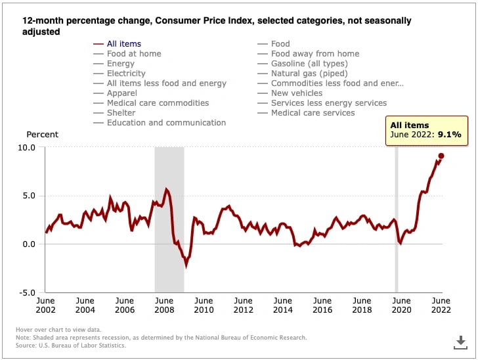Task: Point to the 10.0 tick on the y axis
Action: [x=26, y=147]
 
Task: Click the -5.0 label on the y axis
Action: [x=27, y=293]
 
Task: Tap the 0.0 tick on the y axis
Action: [x=29, y=244]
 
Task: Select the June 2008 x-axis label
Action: [x=164, y=305]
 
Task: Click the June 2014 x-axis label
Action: [x=283, y=305]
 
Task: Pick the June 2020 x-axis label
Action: [x=401, y=305]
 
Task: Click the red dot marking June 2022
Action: [x=441, y=156]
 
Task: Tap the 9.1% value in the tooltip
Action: [x=449, y=135]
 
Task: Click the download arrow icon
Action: [x=461, y=342]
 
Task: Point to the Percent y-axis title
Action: [x=42, y=135]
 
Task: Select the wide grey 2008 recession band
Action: [x=169, y=219]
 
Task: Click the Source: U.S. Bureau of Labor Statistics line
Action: [x=71, y=346]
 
